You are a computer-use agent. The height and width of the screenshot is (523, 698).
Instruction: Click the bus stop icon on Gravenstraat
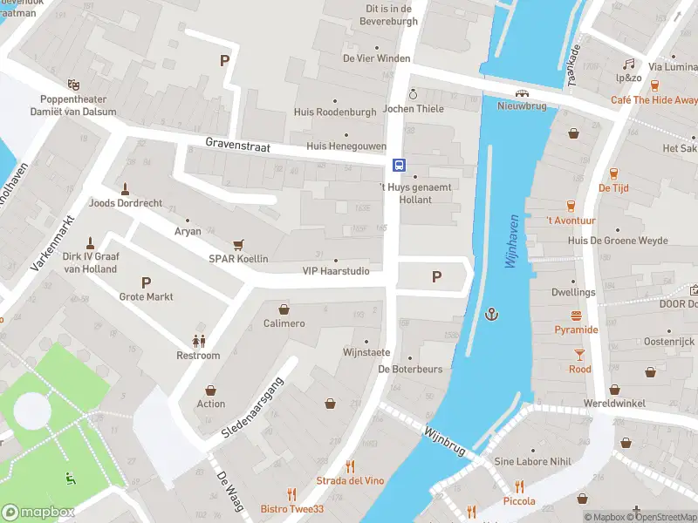pos(398,165)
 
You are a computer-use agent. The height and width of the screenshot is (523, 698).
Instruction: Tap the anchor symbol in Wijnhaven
pos(492,313)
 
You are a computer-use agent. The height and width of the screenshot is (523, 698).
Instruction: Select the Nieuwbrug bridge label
pos(521,106)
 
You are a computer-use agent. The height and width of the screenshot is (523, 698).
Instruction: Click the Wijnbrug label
pos(444,440)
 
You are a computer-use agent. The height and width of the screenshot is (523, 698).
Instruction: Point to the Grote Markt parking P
pos(146,282)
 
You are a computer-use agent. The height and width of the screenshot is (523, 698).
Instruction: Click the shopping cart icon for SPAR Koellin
pos(237,245)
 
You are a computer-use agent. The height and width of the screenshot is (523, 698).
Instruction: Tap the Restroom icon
pos(198,341)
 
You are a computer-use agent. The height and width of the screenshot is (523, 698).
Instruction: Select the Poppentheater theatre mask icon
pos(74,85)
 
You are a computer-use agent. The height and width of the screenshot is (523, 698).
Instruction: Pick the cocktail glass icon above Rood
pos(579,354)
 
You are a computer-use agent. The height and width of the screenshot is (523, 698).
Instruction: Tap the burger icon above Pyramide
pos(576,316)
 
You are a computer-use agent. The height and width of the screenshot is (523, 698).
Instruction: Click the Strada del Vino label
pos(350,480)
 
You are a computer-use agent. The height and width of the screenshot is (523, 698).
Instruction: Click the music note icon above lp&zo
pos(628,65)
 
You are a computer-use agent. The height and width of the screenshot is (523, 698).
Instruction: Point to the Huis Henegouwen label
pos(346,146)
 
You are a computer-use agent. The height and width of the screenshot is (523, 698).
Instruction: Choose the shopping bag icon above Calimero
pos(284,309)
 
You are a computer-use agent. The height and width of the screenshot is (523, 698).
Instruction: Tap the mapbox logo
pos(38,512)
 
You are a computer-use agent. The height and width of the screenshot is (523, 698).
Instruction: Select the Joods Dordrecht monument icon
pos(126,188)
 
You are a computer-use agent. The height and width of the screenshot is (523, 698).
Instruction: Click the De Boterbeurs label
pos(410,369)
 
